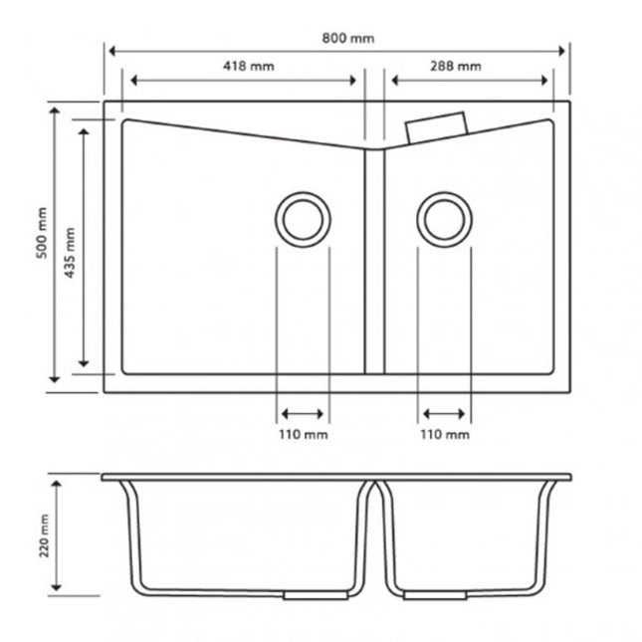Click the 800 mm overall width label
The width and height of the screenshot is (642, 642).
click(348, 39)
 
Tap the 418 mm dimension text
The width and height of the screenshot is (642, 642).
click(249, 66)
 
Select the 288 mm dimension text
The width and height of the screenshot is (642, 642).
click(455, 66)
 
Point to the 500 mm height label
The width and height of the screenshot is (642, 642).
click(42, 233)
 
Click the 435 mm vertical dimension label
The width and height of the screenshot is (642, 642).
click(70, 253)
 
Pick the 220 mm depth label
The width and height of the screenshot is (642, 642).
click(44, 535)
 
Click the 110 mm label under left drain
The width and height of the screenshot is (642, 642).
click(304, 434)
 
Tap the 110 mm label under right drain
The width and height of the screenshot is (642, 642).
click(445, 434)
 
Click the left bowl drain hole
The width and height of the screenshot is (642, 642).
click(303, 192)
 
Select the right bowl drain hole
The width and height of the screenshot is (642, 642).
click(445, 192)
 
